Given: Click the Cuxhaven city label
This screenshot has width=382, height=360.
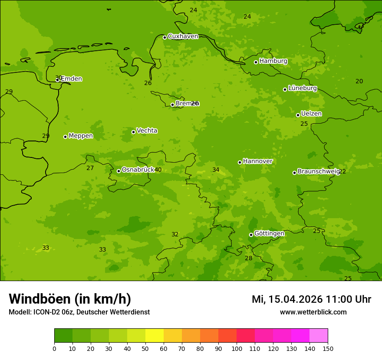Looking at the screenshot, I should (183, 36).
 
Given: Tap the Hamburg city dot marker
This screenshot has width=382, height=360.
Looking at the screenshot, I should (256, 62).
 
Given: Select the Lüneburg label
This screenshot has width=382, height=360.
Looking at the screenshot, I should (302, 88).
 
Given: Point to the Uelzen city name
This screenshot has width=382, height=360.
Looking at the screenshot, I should (311, 114).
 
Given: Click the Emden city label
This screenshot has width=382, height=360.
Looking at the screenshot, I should (71, 79).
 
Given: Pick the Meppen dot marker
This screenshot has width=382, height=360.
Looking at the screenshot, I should (65, 137).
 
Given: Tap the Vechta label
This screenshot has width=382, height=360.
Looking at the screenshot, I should (147, 131).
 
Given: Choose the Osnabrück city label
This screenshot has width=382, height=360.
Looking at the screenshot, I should (138, 170).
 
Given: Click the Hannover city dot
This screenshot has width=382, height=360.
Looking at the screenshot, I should (240, 162).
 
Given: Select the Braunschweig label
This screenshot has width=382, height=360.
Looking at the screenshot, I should (318, 171).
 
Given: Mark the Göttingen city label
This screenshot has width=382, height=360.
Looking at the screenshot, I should (269, 233).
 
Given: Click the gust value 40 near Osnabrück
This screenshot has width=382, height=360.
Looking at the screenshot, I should (158, 170).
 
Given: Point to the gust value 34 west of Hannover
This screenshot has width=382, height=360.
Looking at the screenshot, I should (216, 170).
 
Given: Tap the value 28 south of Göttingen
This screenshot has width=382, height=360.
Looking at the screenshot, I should (248, 258).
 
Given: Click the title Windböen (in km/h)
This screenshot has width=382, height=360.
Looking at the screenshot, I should (70, 299).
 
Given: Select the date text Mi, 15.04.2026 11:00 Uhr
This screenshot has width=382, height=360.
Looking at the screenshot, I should (311, 299).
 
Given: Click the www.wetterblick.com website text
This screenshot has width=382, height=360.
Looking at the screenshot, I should (313, 312).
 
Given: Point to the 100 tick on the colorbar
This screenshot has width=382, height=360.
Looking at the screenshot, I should (237, 348).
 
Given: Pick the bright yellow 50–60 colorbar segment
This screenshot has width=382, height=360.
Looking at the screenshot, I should (155, 335).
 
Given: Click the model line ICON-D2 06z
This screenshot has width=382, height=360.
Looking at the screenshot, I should (79, 312).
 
